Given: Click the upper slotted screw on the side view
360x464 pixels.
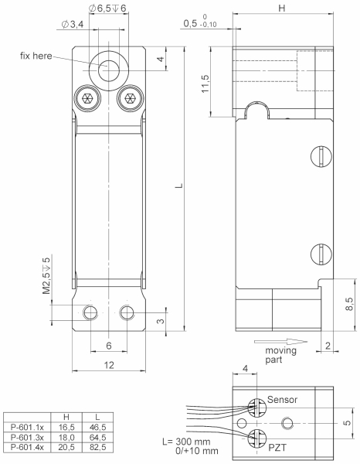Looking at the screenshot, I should (324, 155).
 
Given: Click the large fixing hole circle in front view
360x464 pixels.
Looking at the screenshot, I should (108, 68).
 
